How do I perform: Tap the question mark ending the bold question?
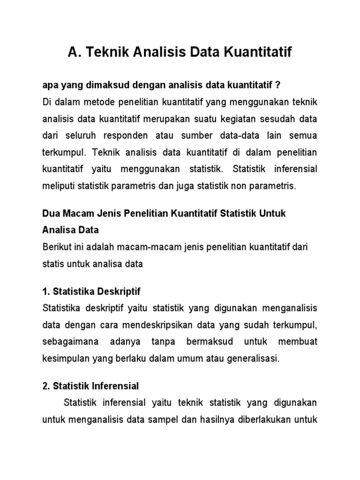click(277, 85)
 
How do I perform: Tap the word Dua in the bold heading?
click(51, 213)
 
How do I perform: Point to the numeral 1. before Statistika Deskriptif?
click(46, 292)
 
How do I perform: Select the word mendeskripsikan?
click(149, 325)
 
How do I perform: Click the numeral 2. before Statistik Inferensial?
click(46, 386)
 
